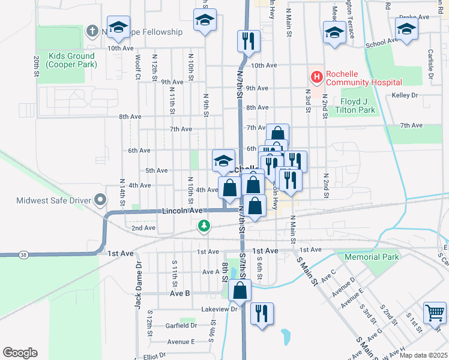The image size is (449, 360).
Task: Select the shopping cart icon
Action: (435, 312)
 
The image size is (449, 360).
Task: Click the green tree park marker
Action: (205, 226)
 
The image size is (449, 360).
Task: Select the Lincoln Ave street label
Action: (182, 211)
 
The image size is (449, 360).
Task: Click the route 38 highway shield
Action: (23, 254)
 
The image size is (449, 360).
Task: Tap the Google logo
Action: (20, 353)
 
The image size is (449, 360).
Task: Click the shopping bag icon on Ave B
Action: (240, 290)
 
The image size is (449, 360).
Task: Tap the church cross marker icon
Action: (92, 30)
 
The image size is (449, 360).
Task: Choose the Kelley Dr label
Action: (404, 95)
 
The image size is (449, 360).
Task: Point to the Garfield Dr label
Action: (181, 325)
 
